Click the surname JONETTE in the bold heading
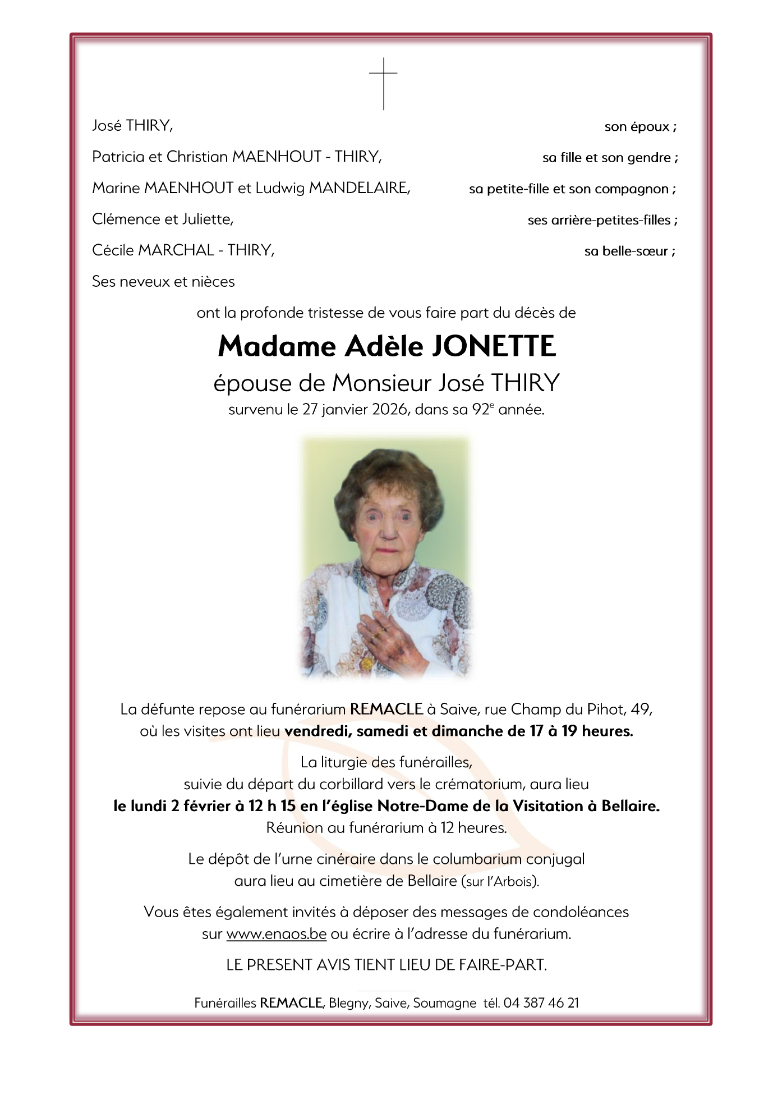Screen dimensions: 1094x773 [x=494, y=346]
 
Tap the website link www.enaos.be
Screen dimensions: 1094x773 [x=276, y=933]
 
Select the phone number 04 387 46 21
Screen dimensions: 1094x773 [x=541, y=1003]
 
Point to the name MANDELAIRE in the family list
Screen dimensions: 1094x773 [x=359, y=188]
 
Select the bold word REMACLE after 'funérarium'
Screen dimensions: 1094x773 [x=386, y=709]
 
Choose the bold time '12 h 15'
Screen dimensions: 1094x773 [x=272, y=806]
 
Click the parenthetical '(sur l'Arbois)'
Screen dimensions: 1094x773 [x=500, y=881]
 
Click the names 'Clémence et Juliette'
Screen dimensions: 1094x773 [x=162, y=219]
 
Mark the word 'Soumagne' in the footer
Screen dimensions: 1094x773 [x=444, y=1003]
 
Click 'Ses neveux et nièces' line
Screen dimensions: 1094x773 [x=163, y=281]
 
